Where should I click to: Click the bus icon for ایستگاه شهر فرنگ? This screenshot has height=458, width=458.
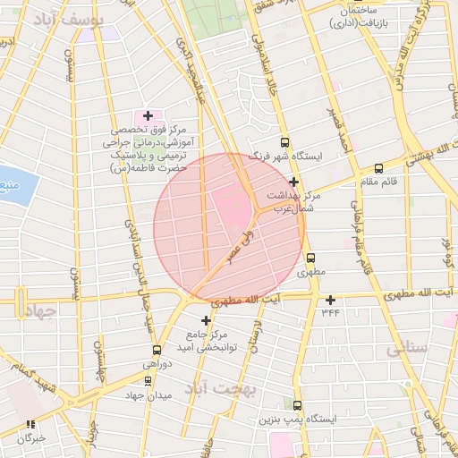click(284, 141)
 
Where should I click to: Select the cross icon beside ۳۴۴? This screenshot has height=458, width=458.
click(331, 300)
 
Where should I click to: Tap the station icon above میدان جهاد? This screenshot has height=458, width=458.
click(148, 380)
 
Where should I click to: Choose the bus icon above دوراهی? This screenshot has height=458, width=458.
click(157, 350)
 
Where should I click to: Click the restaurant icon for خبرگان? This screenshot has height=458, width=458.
click(30, 425)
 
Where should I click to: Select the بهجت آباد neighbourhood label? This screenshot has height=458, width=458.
click(220, 389)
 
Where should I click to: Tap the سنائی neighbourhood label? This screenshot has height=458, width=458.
click(406, 350)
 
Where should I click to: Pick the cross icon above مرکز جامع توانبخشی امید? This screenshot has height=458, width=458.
click(207, 320)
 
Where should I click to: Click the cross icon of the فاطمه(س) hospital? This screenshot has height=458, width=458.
click(148, 115)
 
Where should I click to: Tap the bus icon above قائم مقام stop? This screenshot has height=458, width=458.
click(378, 167)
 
